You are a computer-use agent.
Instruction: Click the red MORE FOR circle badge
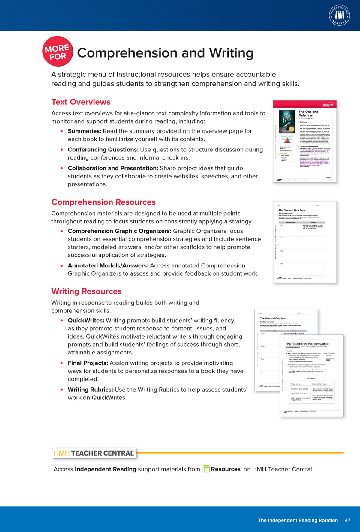[x=58, y=52]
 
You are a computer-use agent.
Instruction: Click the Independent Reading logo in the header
[x=339, y=15]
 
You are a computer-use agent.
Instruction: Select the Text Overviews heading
[x=81, y=102]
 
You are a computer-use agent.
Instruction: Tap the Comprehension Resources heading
[x=103, y=202]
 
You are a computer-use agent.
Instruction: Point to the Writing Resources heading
[x=86, y=291]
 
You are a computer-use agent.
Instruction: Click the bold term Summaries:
[x=85, y=131]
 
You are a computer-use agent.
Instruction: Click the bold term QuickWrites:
[x=86, y=321]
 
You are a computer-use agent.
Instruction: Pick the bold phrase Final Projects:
[x=88, y=363]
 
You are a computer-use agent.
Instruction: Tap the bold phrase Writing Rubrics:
[x=90, y=390]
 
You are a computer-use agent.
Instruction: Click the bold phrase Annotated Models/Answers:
[x=108, y=266]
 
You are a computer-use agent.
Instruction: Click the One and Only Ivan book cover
[x=287, y=122]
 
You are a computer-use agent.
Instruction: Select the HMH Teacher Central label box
[x=94, y=453]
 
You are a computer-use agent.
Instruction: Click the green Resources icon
[x=206, y=469]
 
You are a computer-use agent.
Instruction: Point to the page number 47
[x=347, y=520]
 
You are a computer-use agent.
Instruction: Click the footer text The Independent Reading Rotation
[x=298, y=520]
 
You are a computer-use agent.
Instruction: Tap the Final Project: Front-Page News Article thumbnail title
[x=307, y=344]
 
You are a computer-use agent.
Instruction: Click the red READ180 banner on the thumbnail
[x=328, y=105]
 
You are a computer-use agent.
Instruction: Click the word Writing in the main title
[x=231, y=53]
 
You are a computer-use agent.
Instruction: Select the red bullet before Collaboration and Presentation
[x=62, y=168]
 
